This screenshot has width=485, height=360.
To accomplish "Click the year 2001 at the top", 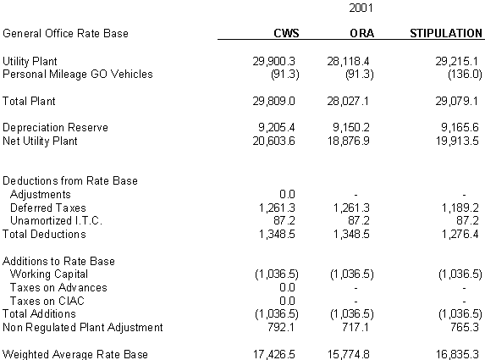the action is (361, 8).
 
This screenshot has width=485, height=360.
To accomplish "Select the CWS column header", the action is (286, 33).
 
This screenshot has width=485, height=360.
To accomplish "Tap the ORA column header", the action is (362, 33).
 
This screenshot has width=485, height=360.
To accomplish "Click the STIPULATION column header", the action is (446, 33).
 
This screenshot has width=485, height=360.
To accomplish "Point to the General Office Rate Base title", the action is (65, 33).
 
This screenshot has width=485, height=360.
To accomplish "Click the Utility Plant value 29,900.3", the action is (273, 61).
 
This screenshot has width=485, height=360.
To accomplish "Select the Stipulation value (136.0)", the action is (465, 75).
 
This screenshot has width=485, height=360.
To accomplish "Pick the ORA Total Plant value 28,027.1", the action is (348, 101).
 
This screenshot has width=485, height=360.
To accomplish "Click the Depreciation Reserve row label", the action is (55, 128).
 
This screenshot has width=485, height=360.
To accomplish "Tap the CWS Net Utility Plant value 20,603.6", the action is (273, 141).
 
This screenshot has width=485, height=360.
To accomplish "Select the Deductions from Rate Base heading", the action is (70, 180).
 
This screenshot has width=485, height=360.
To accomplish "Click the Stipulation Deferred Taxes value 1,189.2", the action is (460, 208).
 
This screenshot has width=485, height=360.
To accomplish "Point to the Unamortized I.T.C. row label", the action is (56, 221).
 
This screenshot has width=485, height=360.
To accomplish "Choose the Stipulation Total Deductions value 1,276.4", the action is (460, 235).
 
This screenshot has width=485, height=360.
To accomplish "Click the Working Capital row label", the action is (49, 274).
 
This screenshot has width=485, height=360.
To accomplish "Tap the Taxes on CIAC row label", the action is (47, 301).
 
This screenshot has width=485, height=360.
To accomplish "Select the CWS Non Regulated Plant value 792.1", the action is (281, 327).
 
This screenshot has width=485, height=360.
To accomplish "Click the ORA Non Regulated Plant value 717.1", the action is (355, 327).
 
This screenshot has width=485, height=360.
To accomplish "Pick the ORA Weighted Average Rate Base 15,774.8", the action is (348, 354).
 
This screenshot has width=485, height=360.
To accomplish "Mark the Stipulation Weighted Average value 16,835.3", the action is (457, 354).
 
